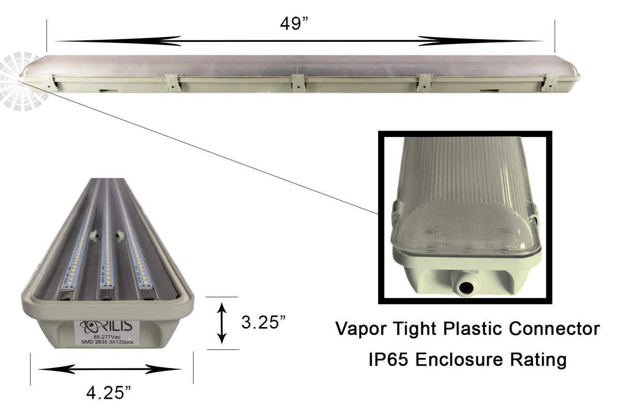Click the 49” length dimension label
pyautogui.click(x=294, y=24)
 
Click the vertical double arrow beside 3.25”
pyautogui.click(x=222, y=323)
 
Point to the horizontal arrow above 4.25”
pyautogui.click(x=109, y=369)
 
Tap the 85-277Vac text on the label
pyautogui.click(x=100, y=336)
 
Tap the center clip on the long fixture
pyautogui.click(x=299, y=83)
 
